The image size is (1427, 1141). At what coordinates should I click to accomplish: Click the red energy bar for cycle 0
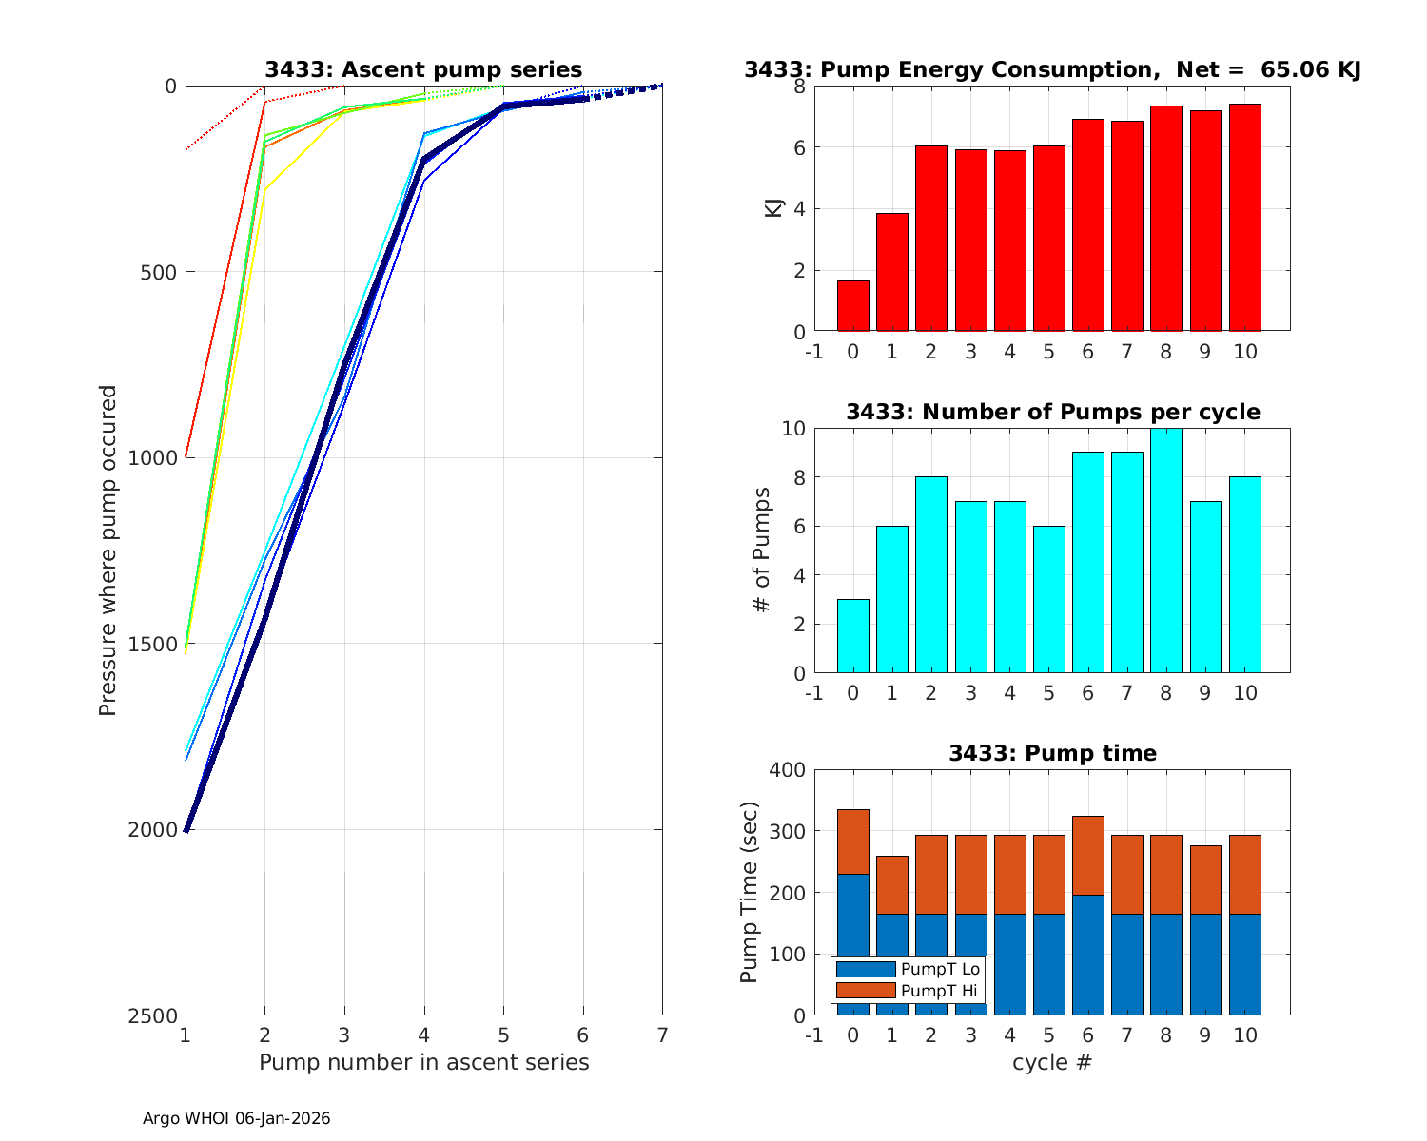[x=852, y=306]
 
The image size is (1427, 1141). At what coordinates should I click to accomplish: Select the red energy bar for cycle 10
[x=1244, y=218]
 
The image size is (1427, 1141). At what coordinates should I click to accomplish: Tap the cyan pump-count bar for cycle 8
[x=1166, y=551]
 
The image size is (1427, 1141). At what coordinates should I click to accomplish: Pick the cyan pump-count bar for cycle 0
[x=852, y=636]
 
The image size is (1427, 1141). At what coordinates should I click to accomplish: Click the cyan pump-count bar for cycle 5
[x=1048, y=599]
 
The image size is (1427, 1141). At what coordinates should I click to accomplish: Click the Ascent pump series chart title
[x=423, y=69]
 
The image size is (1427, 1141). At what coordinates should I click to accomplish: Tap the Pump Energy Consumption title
[x=1052, y=69]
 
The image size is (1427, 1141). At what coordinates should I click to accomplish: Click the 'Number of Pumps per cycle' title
[x=1052, y=412]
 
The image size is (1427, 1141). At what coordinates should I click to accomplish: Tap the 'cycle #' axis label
[x=1052, y=1062]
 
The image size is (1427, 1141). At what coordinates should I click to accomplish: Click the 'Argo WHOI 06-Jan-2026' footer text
[x=236, y=1118]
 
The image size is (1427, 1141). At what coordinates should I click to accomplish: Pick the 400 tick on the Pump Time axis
[x=788, y=770]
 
